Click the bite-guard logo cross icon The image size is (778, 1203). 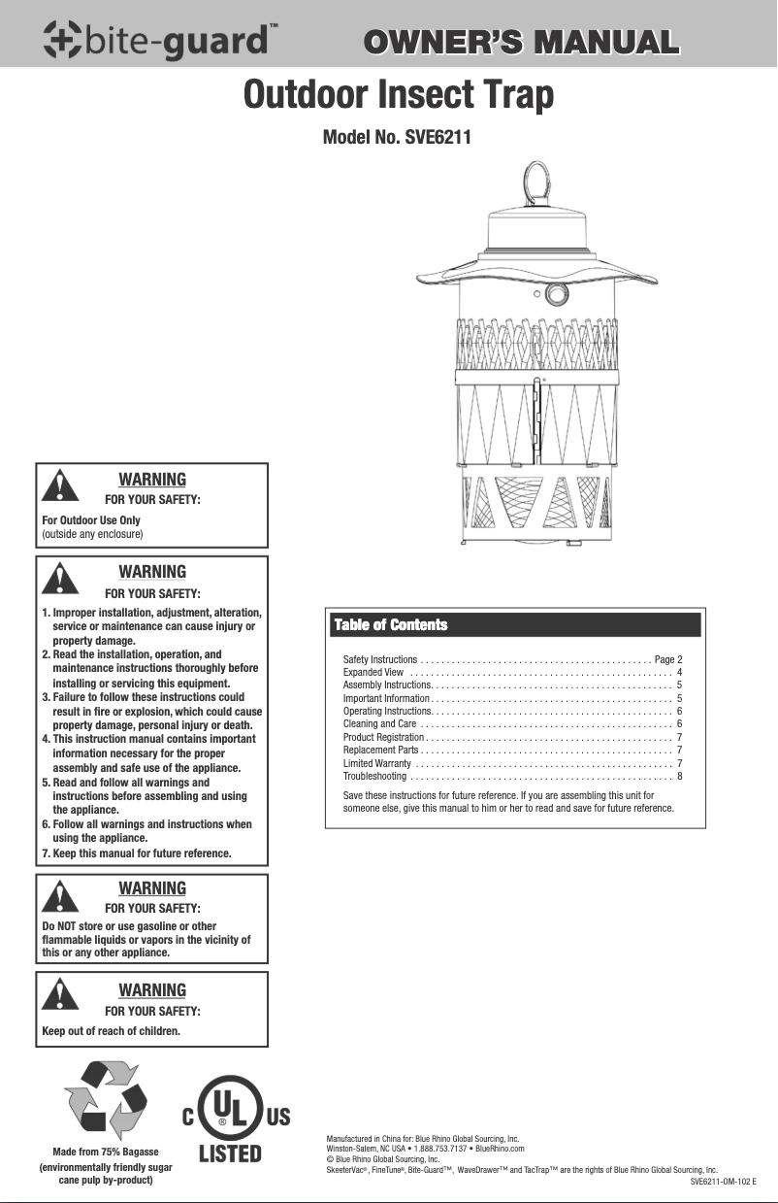tap(63, 40)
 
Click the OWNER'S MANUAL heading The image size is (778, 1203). tap(519, 43)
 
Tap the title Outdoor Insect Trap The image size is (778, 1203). tap(400, 96)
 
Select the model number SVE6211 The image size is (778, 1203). tap(396, 138)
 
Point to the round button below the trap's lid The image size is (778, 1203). tap(557, 295)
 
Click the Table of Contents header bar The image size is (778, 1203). tap(513, 624)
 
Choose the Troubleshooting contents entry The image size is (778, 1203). tap(368, 776)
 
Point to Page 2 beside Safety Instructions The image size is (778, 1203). tap(669, 659)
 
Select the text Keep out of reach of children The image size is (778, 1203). tap(112, 1030)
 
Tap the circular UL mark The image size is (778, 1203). tap(223, 1114)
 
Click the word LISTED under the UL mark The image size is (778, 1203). tap(231, 1154)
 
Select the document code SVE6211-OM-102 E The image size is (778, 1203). tap(723, 1182)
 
